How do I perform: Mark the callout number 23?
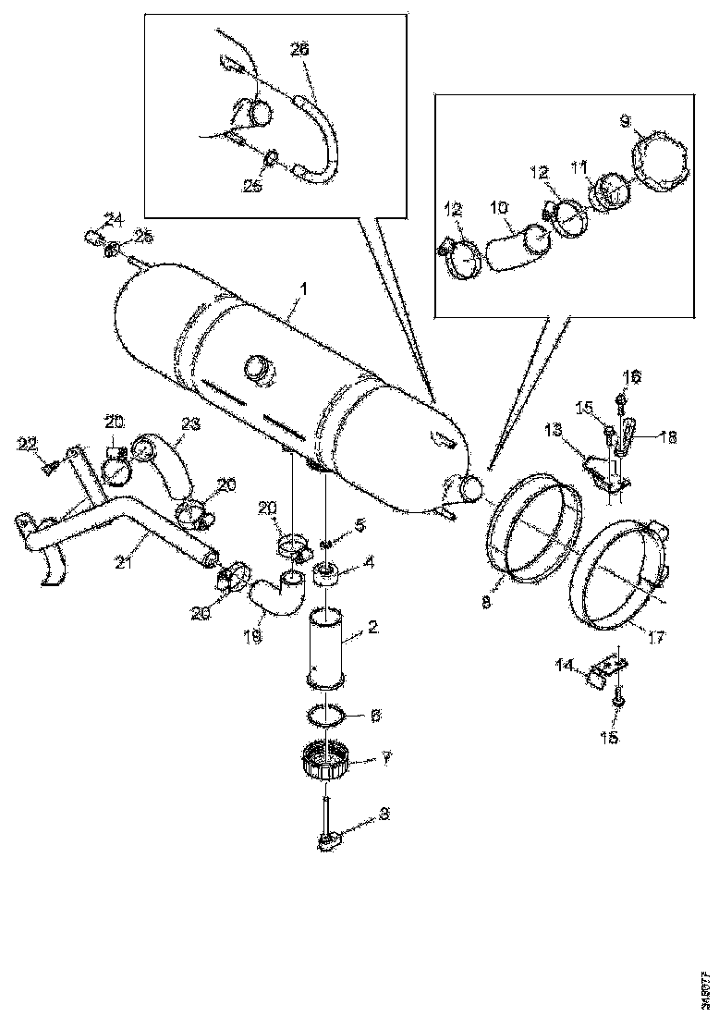pos(190,424)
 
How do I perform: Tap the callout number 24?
pos(113,219)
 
